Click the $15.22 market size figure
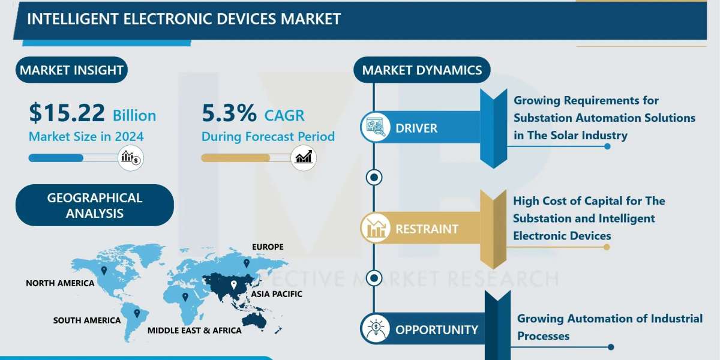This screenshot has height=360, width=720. tap(67, 113)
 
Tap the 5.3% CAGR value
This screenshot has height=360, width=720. tap(229, 113)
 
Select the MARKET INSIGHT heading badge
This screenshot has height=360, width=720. tap(71, 70)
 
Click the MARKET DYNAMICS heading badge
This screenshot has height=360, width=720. tap(422, 70)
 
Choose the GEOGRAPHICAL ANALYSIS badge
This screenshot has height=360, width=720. tap(95, 205)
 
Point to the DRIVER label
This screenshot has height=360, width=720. tap(416, 128)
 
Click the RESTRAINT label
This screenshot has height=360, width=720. tap(427, 229)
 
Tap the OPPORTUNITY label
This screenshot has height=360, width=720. tap(437, 330)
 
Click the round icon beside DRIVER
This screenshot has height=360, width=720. tap(376, 128)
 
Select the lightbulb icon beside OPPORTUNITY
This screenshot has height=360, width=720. tap(376, 329)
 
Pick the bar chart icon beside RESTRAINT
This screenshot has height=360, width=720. tap(376, 228)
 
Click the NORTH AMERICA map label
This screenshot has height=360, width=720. tap(60, 283)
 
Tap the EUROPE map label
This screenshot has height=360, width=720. tap(268, 247)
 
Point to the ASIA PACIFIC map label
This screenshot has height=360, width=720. tap(277, 294)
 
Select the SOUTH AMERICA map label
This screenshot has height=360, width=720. tap(87, 320)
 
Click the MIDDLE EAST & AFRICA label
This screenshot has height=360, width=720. tap(194, 331)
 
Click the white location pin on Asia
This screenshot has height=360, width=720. tap(233, 285)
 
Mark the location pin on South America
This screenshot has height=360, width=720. tap(137, 313)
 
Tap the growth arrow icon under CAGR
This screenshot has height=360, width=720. tap(304, 158)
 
